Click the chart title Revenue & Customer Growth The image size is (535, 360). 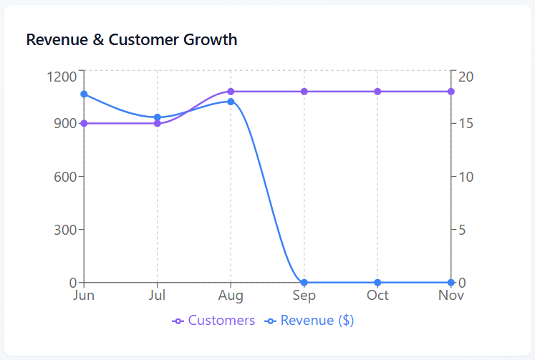132,39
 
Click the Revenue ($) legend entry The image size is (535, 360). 309,321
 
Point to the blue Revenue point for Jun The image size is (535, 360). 84,94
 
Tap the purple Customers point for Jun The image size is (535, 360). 84,123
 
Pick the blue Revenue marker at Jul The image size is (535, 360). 158,117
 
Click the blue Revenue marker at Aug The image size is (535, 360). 231,102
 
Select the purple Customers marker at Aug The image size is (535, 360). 231,92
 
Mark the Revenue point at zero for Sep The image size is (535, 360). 304,283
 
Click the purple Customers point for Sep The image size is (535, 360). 304,92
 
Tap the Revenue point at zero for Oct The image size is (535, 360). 377,283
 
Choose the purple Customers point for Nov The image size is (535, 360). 451,92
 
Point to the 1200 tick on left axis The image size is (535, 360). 62,76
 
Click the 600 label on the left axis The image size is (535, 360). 65,176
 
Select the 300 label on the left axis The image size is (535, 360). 65,230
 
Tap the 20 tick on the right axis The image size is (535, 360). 465,76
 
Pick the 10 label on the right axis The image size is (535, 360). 465,176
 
